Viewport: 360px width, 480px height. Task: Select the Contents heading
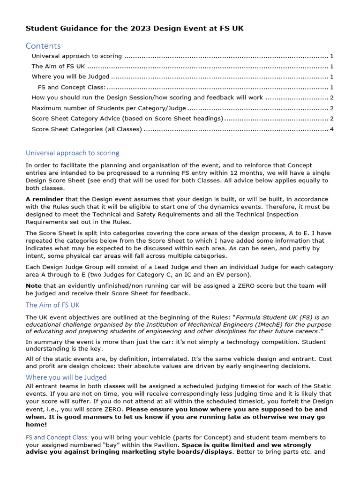point(43,46)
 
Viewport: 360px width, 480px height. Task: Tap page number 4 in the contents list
point(331,129)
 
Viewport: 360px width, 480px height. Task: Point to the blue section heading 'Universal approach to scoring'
point(72,153)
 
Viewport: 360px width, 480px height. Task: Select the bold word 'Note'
point(33,285)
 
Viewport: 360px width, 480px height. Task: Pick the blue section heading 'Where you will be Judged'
point(66,377)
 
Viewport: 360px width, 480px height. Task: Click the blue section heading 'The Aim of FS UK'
point(52,305)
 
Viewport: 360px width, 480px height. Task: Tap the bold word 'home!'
point(36,425)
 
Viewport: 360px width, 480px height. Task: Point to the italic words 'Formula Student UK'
point(264,317)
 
